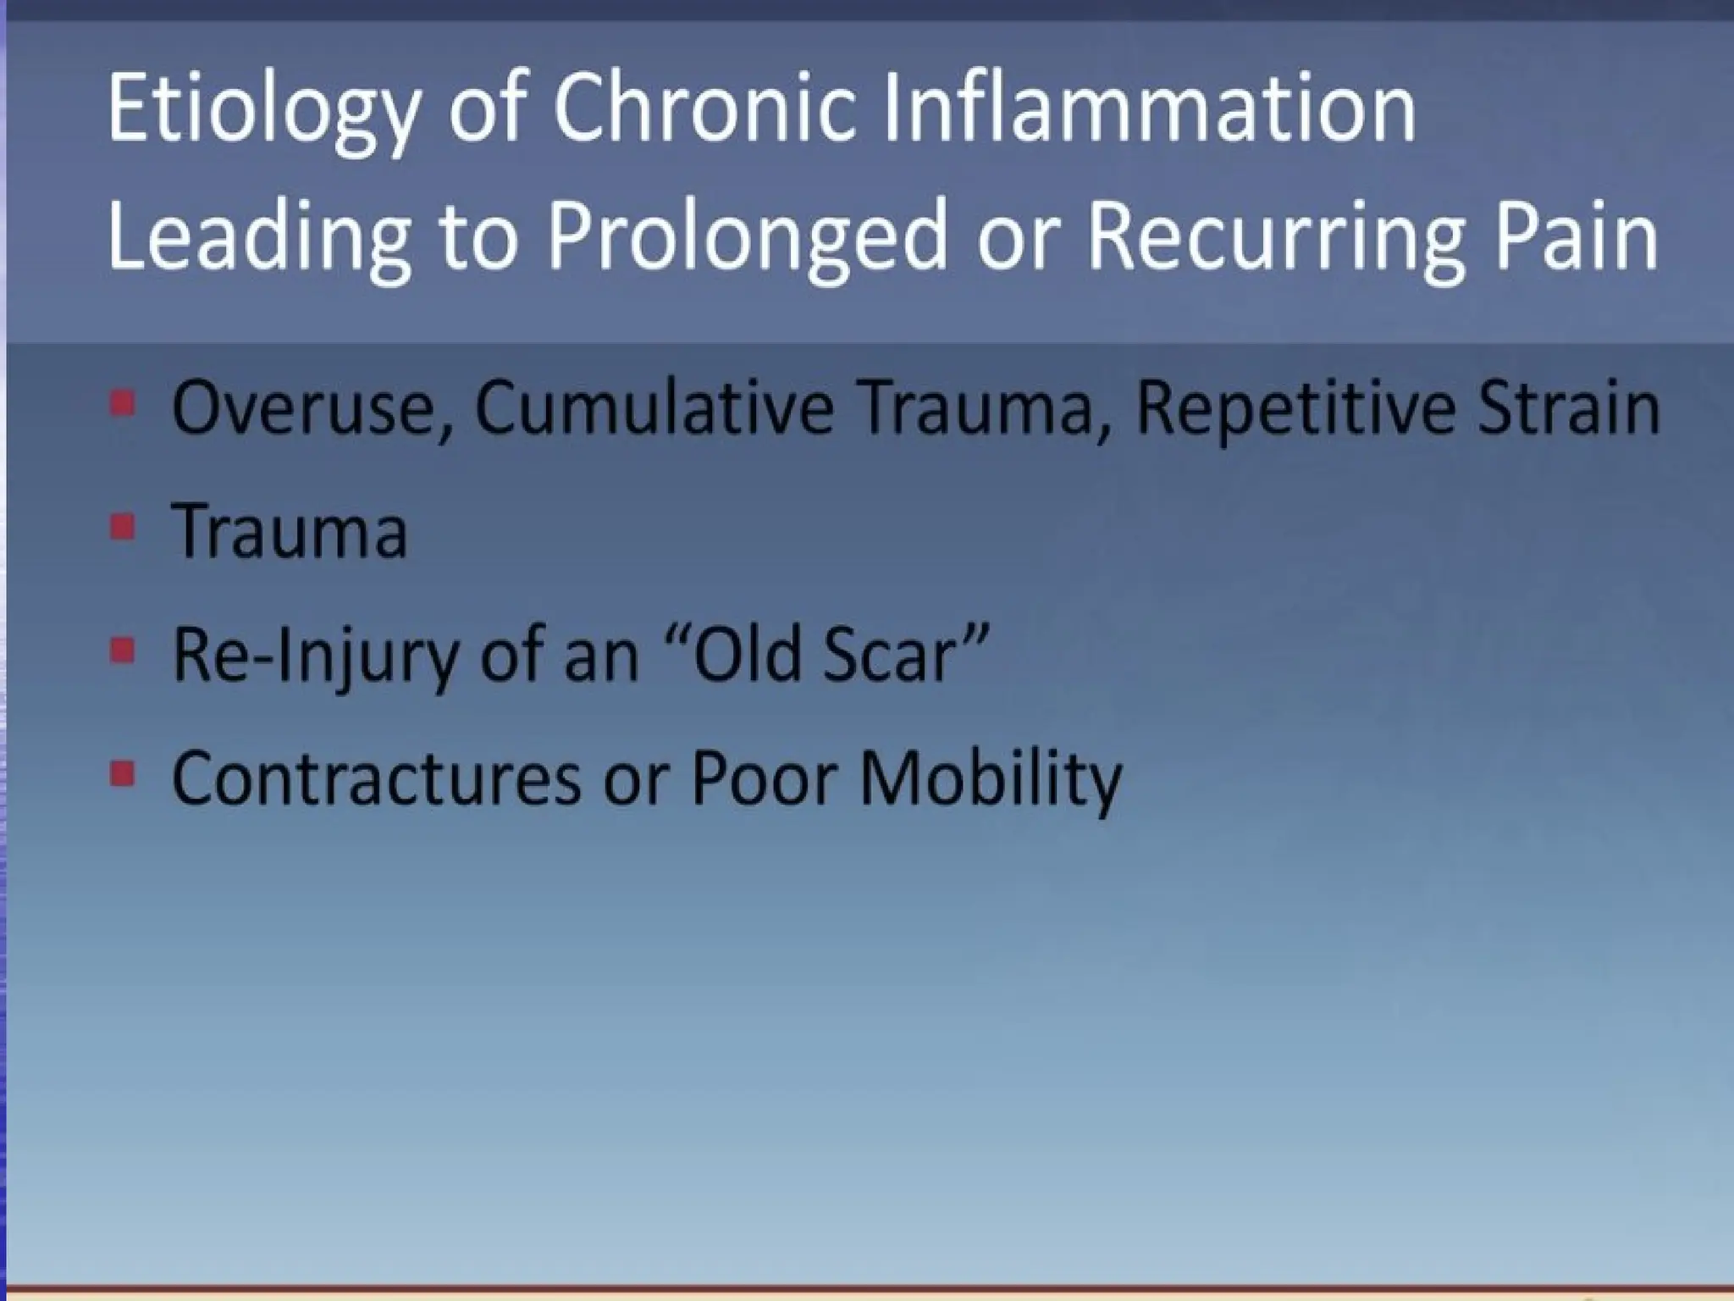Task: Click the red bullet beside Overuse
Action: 124,404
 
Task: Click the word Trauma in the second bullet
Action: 290,532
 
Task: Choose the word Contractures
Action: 376,778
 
